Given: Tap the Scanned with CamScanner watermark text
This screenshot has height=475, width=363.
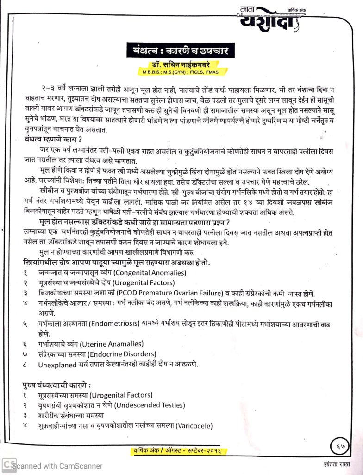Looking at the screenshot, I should pos(57,466).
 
